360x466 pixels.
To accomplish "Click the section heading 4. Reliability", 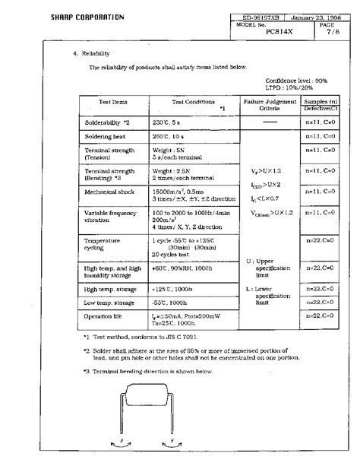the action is (x=91, y=54).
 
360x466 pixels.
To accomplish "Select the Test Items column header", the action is (x=114, y=102).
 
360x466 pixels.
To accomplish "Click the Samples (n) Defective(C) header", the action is (x=321, y=105).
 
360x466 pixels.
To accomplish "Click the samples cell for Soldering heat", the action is (x=321, y=136).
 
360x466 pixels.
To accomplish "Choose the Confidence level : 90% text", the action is (x=296, y=80).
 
